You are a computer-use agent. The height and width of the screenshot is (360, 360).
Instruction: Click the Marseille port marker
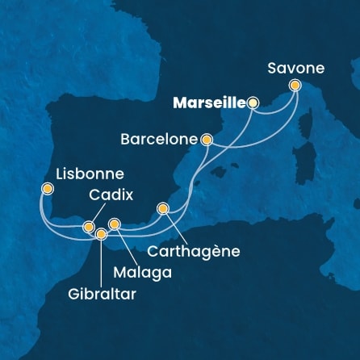(253, 103)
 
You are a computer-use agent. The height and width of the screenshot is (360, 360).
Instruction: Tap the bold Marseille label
(211, 103)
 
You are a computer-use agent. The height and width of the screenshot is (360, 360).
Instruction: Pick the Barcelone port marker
(207, 139)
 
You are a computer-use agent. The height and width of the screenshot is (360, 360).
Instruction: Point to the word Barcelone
(159, 139)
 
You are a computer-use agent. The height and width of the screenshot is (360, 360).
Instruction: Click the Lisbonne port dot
(48, 190)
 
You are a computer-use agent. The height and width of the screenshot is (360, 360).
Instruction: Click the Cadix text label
(108, 195)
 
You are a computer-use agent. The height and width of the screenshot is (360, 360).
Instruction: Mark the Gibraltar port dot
(101, 234)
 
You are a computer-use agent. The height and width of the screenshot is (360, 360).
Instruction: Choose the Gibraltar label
(102, 293)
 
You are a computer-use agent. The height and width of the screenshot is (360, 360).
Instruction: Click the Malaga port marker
(115, 224)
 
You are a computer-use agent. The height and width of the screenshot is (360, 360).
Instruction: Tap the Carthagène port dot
(163, 208)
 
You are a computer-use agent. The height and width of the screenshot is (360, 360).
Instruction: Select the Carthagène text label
(194, 251)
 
